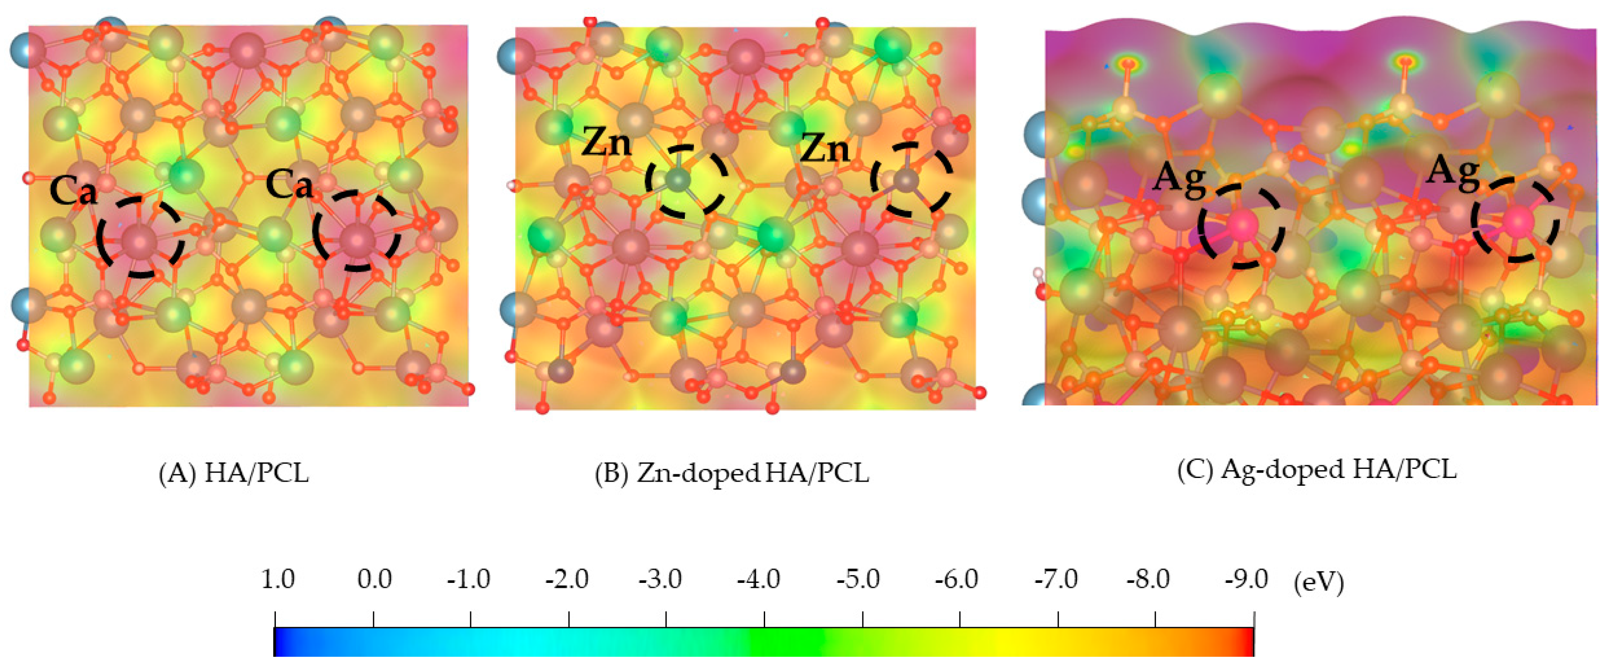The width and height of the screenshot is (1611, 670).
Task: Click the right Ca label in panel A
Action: point(289,185)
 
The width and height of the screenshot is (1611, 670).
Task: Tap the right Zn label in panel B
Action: point(825,149)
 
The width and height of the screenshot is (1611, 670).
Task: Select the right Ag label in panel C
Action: point(1452,171)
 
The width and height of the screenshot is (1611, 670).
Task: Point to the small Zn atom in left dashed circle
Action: point(678,180)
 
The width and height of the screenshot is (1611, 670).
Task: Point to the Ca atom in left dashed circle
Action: point(139,241)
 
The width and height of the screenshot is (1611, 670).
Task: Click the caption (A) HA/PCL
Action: point(234,473)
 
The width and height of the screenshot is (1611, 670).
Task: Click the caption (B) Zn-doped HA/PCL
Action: point(732,473)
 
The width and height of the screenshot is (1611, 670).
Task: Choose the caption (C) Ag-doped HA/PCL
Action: point(1316,469)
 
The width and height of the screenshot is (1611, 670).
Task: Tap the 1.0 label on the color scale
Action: point(277,579)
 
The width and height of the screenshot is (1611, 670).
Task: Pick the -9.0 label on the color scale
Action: point(1246,579)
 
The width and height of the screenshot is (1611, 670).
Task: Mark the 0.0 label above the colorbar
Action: point(374,579)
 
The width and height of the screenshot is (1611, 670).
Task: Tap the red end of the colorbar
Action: point(1248,641)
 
